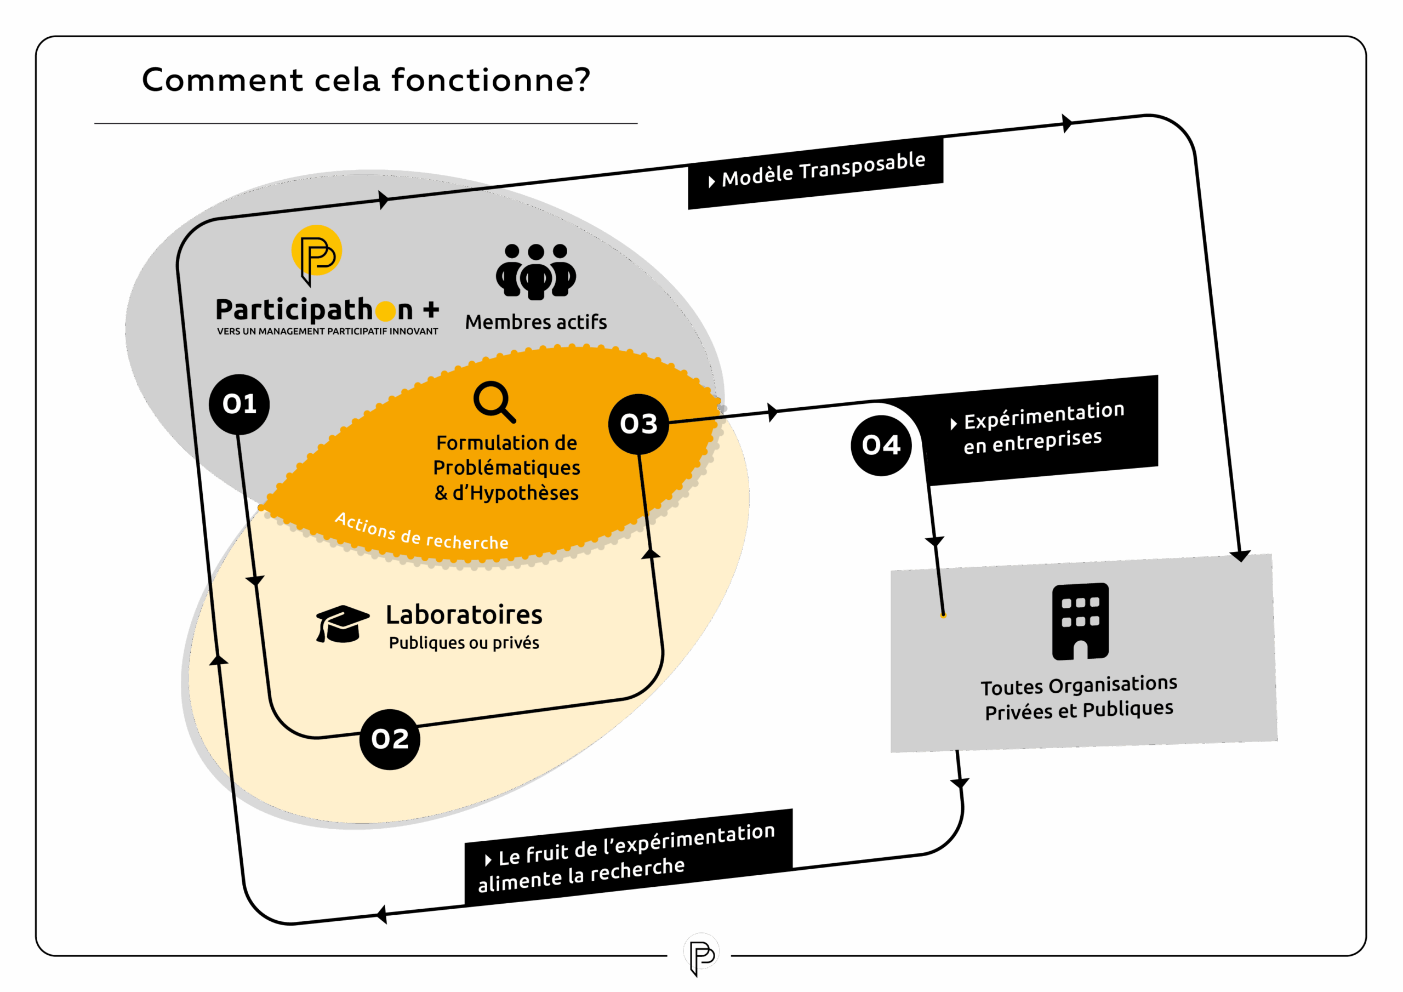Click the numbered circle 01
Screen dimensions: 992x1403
click(x=239, y=404)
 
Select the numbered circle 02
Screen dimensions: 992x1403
click(x=390, y=739)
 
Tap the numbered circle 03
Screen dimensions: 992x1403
click(x=638, y=424)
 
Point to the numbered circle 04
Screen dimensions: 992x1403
click(x=881, y=445)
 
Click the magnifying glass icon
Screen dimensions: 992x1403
click(x=494, y=402)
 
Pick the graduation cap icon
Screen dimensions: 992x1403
click(x=341, y=624)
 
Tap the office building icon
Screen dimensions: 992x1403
click(x=1080, y=621)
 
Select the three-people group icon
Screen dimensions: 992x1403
click(x=536, y=271)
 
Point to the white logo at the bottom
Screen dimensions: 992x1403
click(x=701, y=951)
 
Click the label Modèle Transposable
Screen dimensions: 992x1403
click(x=823, y=169)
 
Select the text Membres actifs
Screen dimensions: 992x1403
click(x=536, y=322)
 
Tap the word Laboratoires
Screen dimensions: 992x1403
click(x=464, y=615)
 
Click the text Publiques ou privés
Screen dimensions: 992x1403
click(x=464, y=643)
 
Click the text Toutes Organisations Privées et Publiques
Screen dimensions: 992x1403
click(x=1079, y=697)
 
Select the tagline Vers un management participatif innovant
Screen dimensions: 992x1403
click(x=328, y=331)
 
